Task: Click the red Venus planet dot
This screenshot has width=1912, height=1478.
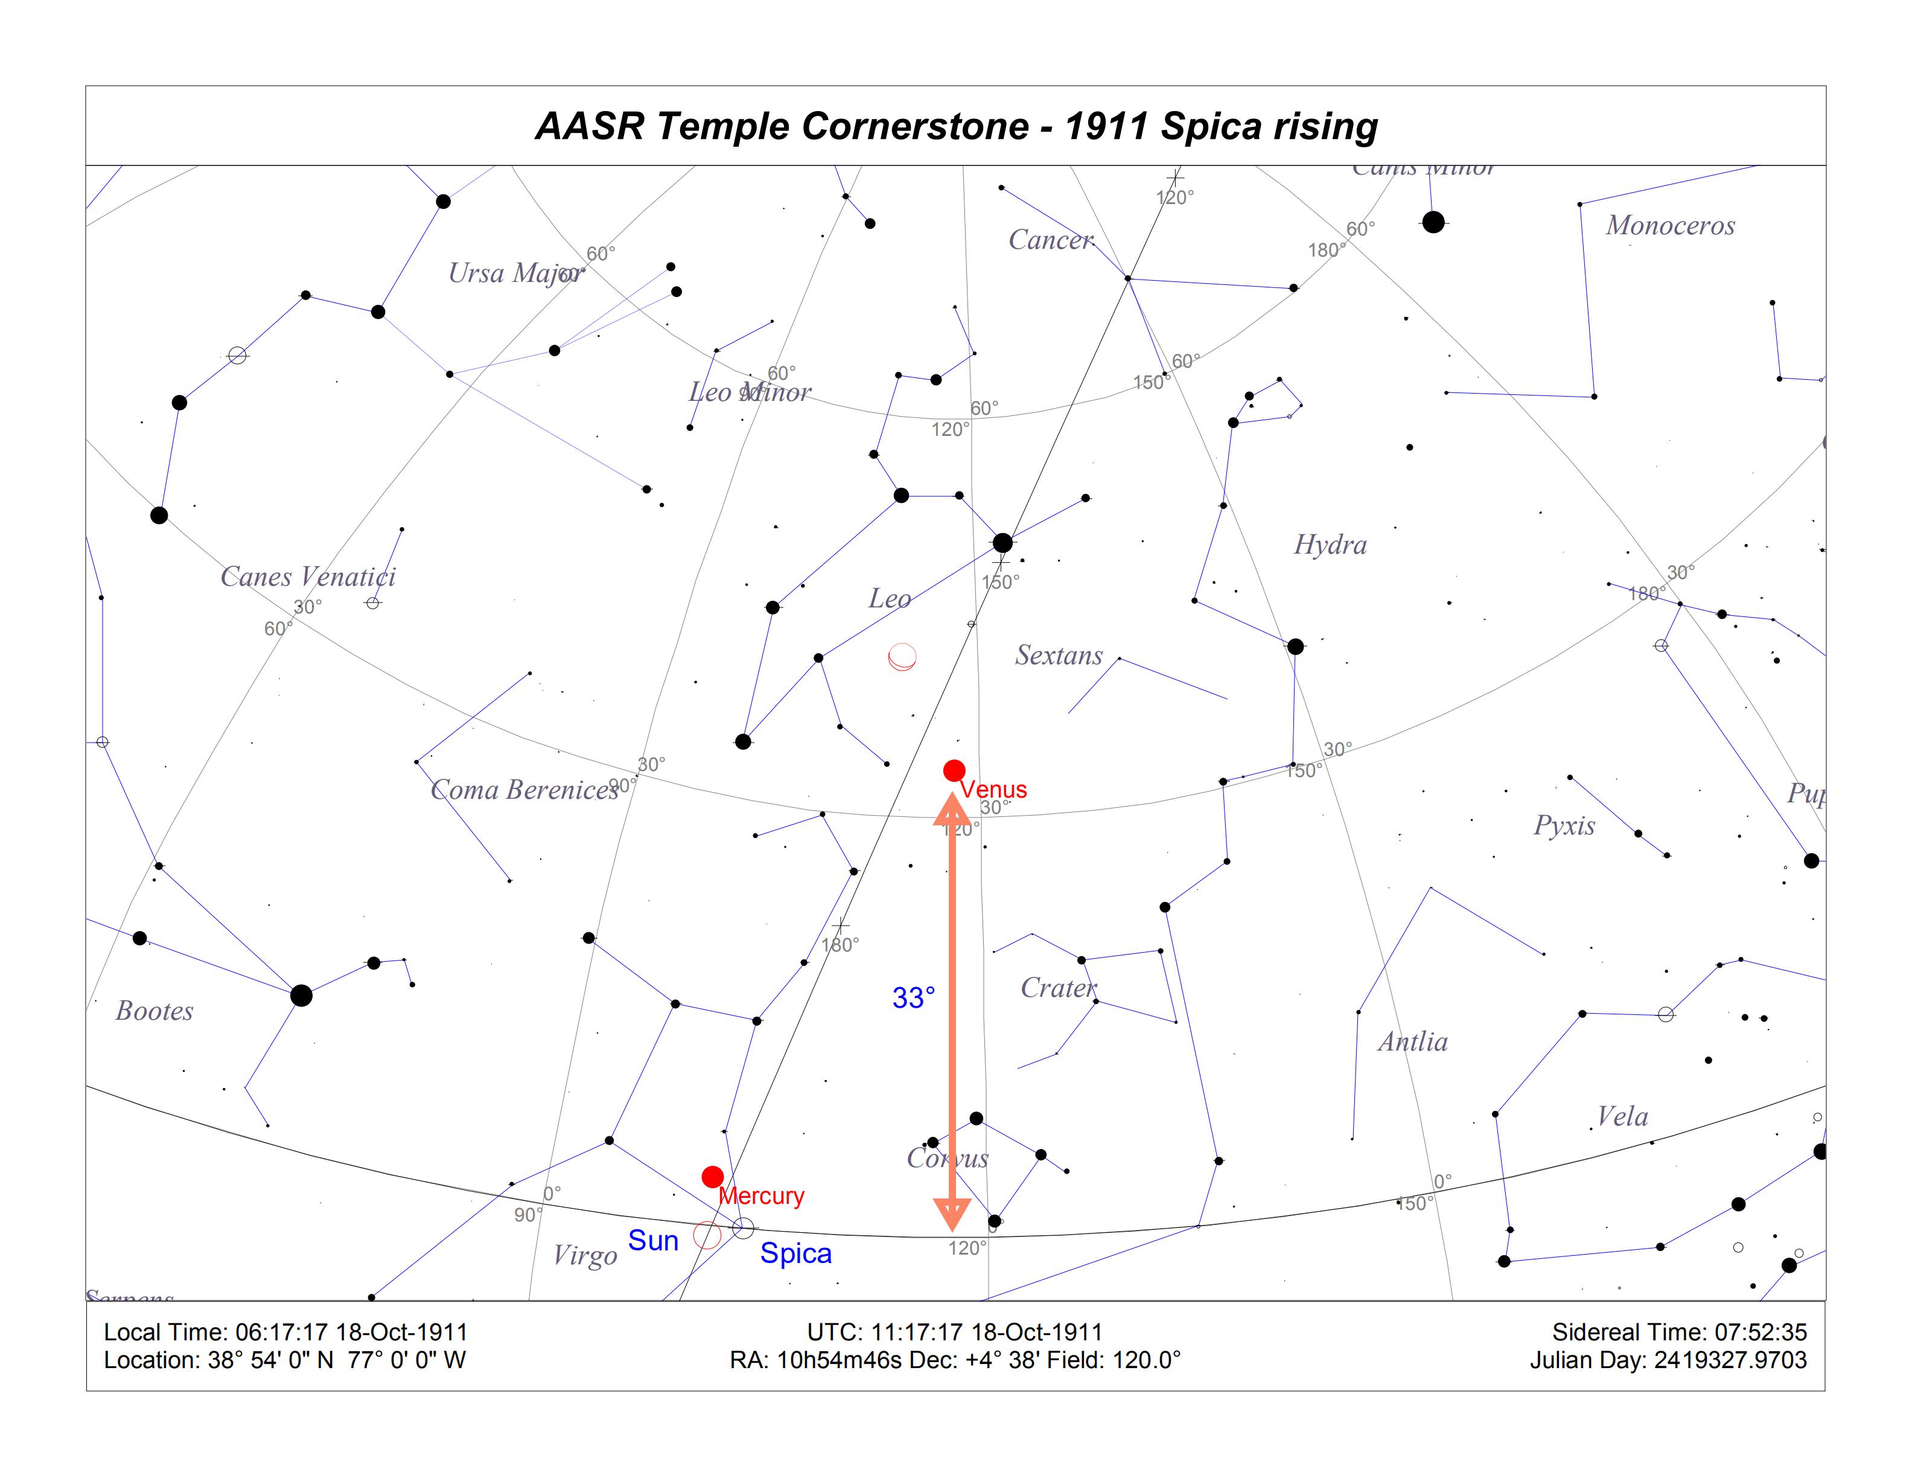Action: click(x=954, y=770)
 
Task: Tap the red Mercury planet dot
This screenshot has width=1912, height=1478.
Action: click(x=713, y=1177)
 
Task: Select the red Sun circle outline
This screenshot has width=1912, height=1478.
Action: click(x=707, y=1235)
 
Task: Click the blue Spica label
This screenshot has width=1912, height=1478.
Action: click(x=795, y=1253)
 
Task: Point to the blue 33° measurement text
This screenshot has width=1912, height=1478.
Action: click(x=913, y=997)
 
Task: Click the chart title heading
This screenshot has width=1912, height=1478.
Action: click(x=956, y=126)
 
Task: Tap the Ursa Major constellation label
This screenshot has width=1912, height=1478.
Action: click(x=515, y=273)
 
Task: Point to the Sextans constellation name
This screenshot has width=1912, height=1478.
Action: click(x=1059, y=655)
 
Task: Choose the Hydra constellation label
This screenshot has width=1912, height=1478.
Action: click(x=1330, y=545)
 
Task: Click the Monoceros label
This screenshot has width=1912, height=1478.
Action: click(x=1669, y=226)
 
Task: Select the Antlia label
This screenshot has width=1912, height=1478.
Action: click(x=1412, y=1041)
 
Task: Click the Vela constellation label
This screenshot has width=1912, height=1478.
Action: click(x=1622, y=1116)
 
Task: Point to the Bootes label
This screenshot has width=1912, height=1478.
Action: click(x=154, y=1011)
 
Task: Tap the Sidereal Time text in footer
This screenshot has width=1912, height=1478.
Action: click(x=1678, y=1332)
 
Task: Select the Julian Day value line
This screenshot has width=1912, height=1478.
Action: click(x=1668, y=1360)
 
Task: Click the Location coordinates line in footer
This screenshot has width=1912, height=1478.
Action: click(x=284, y=1360)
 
